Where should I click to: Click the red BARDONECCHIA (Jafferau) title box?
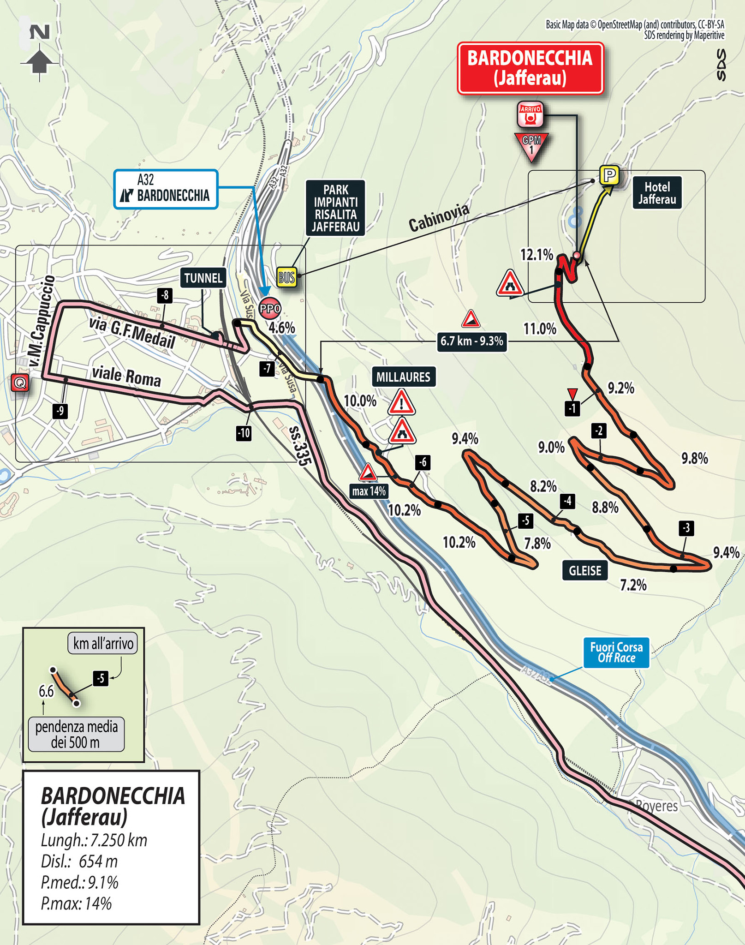[530, 68]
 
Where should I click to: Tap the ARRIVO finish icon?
[530, 114]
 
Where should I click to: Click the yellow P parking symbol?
[609, 175]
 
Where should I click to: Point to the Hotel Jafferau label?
[657, 193]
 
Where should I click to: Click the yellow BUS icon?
[286, 277]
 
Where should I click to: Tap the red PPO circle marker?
[270, 308]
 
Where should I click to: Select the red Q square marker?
[20, 383]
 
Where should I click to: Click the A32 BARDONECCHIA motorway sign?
[166, 189]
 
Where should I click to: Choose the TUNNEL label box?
[203, 278]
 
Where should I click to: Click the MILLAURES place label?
[403, 377]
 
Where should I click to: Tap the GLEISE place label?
[584, 571]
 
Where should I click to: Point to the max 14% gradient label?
[369, 491]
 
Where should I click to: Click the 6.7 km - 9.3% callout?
[471, 341]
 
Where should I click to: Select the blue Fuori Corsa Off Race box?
[616, 653]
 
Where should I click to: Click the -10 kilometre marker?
[244, 433]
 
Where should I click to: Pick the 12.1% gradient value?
[536, 254]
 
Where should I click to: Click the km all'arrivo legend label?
[103, 643]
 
